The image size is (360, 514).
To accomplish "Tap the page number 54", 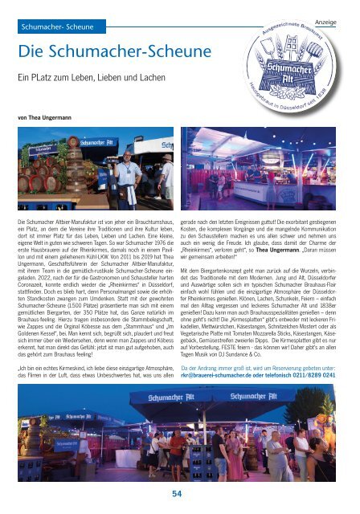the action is click(179, 492).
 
